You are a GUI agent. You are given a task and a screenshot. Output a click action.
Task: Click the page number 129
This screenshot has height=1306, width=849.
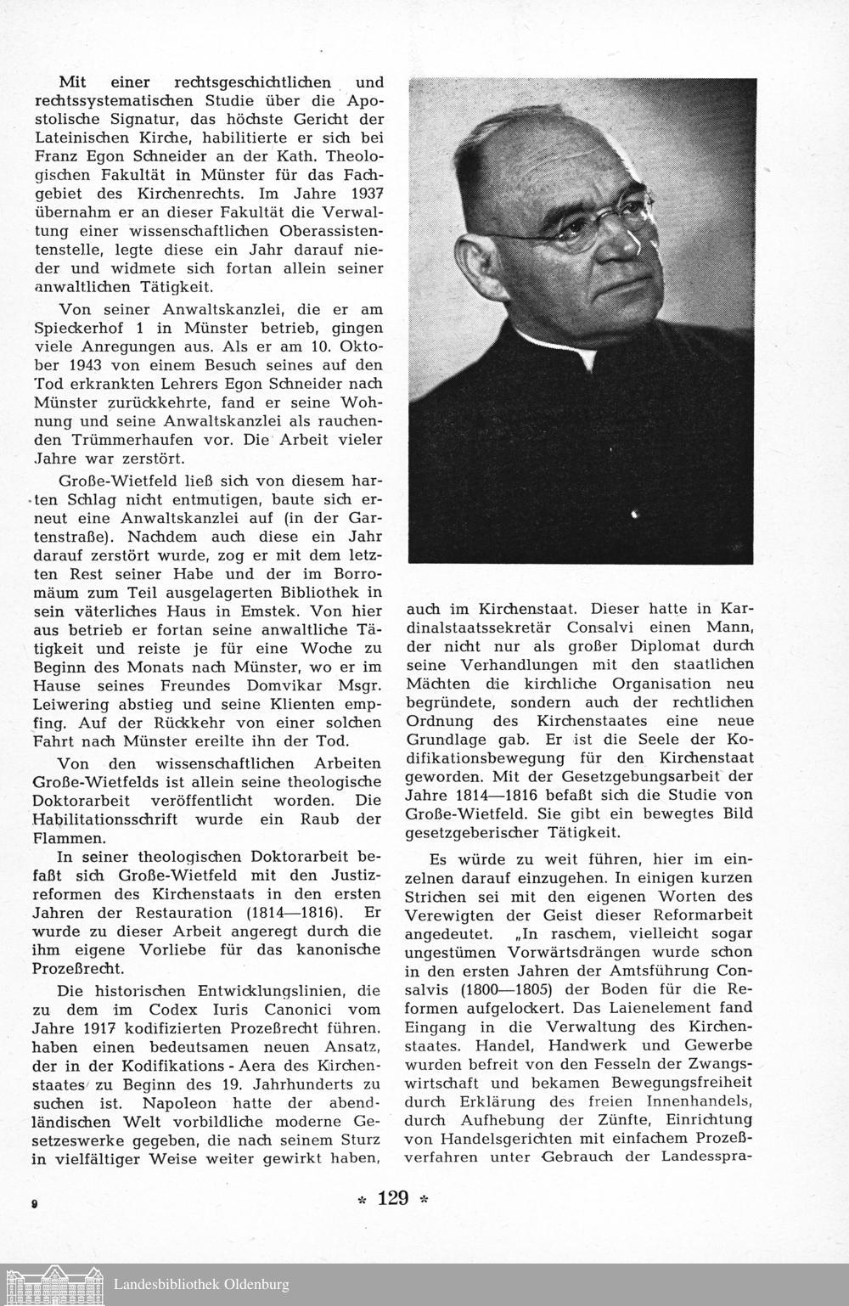[393, 1198]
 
